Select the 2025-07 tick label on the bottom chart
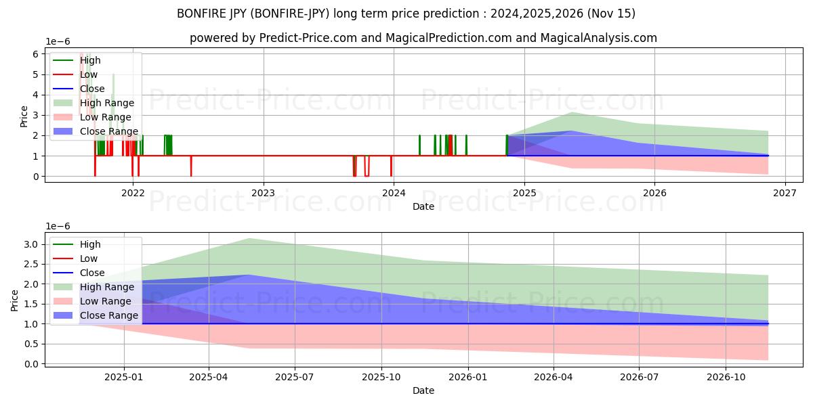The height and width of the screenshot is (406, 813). pyautogui.click(x=295, y=377)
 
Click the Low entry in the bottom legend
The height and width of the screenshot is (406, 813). pyautogui.click(x=89, y=258)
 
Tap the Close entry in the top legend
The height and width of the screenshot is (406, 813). pyautogui.click(x=92, y=89)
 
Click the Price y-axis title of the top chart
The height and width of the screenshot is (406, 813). pyautogui.click(x=24, y=115)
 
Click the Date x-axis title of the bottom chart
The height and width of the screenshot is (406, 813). pyautogui.click(x=423, y=390)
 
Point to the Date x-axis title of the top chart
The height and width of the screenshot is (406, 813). pyautogui.click(x=423, y=206)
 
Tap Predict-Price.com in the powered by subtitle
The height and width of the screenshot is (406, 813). pyautogui.click(x=308, y=38)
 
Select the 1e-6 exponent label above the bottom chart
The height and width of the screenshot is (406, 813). pyautogui.click(x=58, y=226)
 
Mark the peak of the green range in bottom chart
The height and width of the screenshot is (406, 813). pyautogui.click(x=250, y=238)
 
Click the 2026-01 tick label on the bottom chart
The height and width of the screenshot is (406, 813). pyautogui.click(x=467, y=377)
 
